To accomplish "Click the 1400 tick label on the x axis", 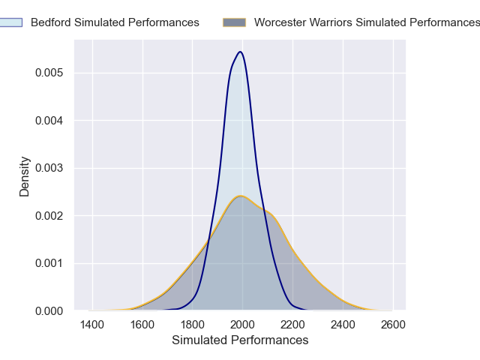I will click(92, 325).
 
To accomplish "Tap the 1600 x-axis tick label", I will click(142, 325).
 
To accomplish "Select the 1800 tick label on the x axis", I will click(193, 325).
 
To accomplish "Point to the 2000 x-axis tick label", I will click(242, 325).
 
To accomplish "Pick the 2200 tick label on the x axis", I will click(292, 325).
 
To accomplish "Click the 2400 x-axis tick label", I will click(343, 325).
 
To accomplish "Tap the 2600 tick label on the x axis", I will click(393, 325).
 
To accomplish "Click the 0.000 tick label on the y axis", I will click(49, 310).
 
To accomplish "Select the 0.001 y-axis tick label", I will click(49, 263).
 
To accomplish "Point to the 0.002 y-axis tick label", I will click(49, 215).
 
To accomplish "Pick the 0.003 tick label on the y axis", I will click(49, 168).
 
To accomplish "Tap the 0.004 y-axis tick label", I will click(49, 120).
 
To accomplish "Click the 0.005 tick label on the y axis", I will click(49, 73).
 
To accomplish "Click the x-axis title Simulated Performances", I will click(240, 340).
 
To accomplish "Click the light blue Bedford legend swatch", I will click(11, 22).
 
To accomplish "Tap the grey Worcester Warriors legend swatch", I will click(235, 22).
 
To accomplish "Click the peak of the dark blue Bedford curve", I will click(240, 52).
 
